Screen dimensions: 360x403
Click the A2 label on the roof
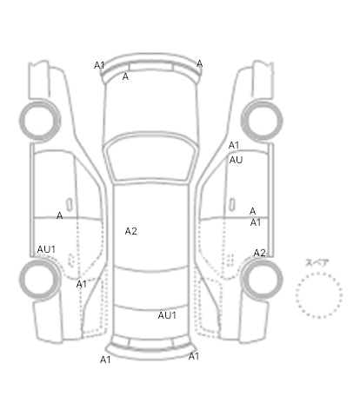tap(130, 231)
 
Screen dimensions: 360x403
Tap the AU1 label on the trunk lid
tap(167, 315)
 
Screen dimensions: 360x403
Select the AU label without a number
tap(236, 160)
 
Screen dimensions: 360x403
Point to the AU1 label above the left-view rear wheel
tap(46, 249)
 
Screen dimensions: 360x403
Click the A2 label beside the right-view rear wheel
tap(259, 253)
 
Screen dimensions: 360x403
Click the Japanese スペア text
tap(317, 263)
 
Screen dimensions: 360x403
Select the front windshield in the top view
tap(150, 156)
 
